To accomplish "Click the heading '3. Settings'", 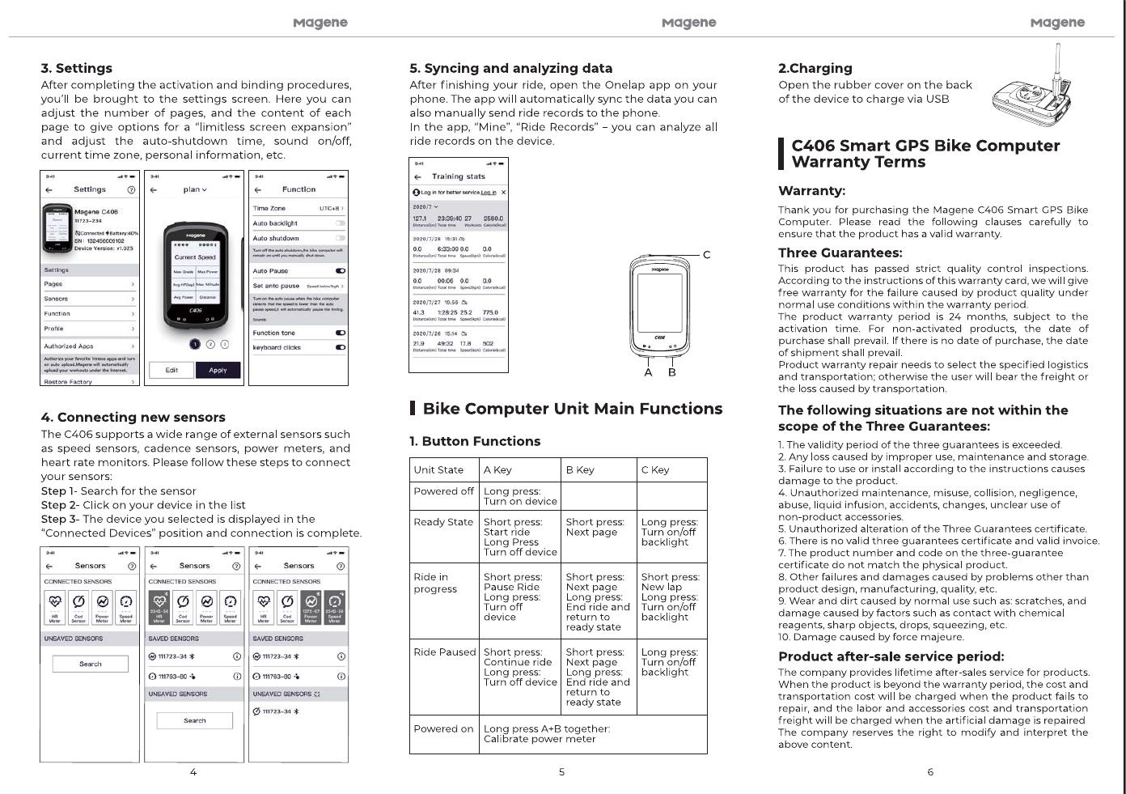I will [77, 68].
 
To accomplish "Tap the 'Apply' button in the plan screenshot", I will [218, 370].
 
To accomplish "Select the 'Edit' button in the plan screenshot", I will [171, 370].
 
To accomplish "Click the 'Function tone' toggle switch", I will [340, 333].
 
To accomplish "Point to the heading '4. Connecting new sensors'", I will [133, 417].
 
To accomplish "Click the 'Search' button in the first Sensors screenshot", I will [91, 664].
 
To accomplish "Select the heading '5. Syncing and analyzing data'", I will [510, 68].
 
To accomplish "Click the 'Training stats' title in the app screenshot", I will [459, 176].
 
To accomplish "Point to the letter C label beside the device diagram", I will [706, 255].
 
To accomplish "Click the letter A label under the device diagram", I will [648, 372].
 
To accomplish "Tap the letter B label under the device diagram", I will [671, 372].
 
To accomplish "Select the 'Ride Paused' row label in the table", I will [444, 652].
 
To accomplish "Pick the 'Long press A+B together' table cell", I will [546, 733].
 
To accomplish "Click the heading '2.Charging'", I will [815, 68].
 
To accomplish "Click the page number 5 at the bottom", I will [561, 772].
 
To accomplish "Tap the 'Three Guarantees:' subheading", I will [840, 253].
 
